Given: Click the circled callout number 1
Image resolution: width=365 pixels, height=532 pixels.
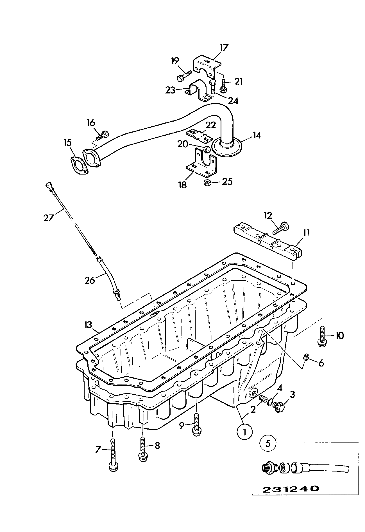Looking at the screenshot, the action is [245, 432].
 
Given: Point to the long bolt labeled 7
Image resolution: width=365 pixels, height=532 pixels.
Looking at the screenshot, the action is [113, 457].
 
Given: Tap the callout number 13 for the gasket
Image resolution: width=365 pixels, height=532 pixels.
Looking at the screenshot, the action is [88, 325].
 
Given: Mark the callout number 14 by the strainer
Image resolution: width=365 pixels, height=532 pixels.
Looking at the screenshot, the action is [256, 136].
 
